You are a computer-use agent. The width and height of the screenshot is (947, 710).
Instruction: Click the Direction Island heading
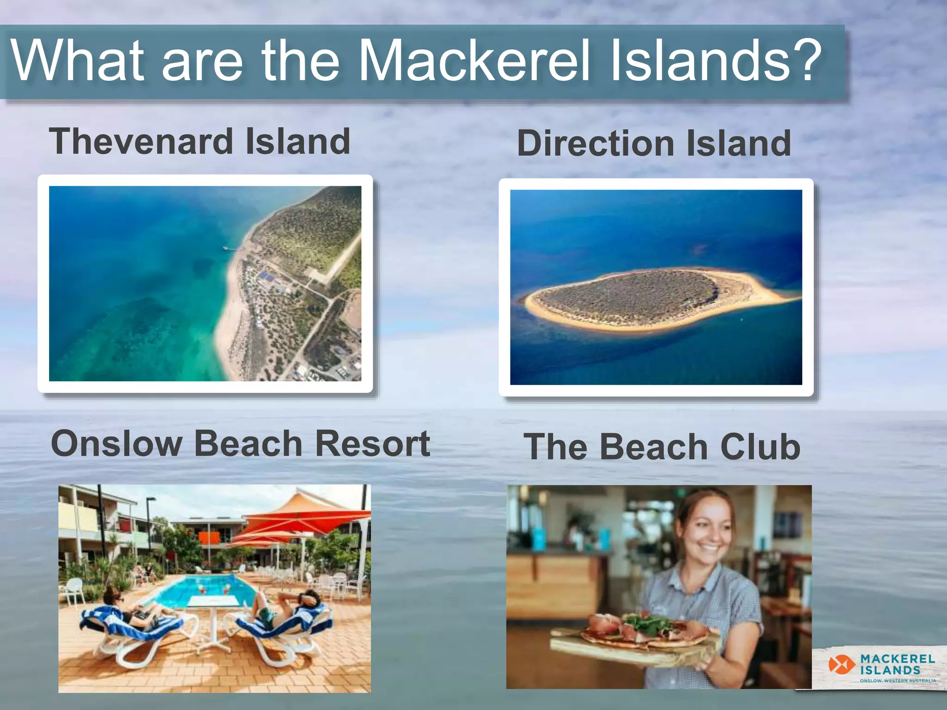pos(654,143)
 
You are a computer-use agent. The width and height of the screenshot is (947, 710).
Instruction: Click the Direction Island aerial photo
pos(656,287)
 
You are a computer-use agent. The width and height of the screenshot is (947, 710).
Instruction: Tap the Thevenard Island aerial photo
pos(205,283)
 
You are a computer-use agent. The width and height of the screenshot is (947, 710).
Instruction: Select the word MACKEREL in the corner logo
pos(898,659)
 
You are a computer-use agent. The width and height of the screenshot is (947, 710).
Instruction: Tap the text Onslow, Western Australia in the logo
pos(898,681)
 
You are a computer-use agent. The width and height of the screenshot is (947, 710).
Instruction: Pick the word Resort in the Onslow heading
pos(373,443)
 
